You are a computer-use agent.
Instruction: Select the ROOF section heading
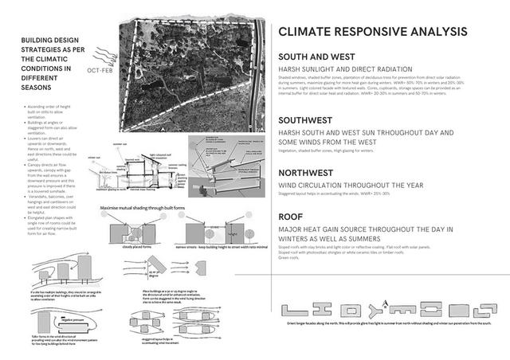point(292,217)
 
